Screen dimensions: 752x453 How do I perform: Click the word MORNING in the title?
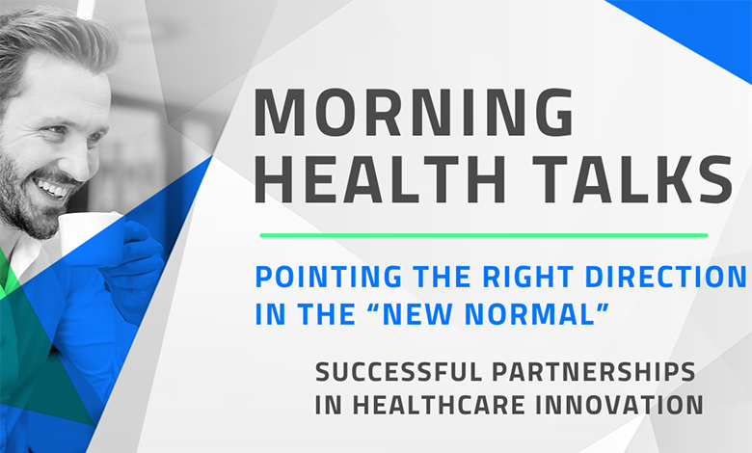414,113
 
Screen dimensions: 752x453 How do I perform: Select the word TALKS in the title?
633,179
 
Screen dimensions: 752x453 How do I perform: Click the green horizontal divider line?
484,235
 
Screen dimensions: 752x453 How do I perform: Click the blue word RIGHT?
527,277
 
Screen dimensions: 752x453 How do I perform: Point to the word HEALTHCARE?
440,405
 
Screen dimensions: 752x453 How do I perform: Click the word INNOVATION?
619,405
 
